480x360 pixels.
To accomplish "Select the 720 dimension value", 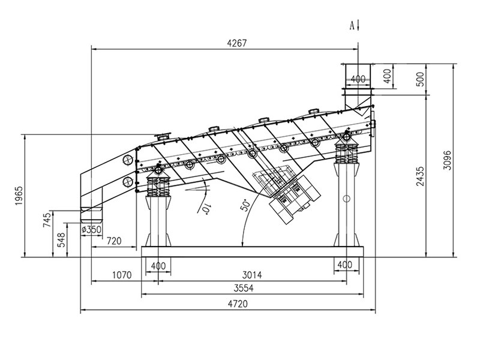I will point(113,241).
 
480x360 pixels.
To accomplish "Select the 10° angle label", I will point(206,208).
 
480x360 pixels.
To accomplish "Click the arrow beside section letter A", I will point(358,25).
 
